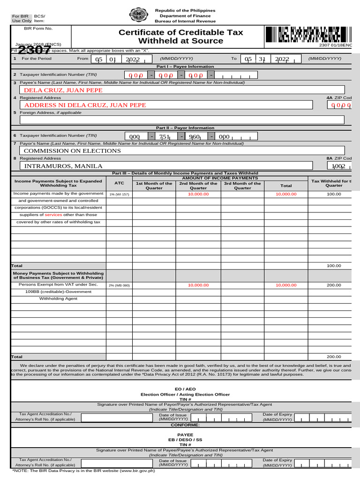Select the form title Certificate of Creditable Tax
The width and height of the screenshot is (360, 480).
click(x=180, y=32)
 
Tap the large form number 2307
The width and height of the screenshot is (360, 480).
click(x=35, y=49)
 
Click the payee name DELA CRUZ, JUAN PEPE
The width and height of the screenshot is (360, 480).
click(x=63, y=90)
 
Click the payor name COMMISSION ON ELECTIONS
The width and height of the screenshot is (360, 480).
click(x=72, y=150)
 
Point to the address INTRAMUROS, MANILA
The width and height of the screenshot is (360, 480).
click(x=63, y=166)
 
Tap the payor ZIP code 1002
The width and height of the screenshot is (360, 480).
click(x=338, y=166)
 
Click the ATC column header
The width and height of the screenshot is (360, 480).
click(x=119, y=183)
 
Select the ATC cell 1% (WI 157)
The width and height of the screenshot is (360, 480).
click(x=119, y=194)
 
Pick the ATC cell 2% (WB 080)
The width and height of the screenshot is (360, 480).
click(x=119, y=285)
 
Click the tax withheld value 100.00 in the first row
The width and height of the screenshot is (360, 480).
click(x=334, y=194)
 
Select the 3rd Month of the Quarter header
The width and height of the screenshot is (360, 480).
click(x=242, y=186)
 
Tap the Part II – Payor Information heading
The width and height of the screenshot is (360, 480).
click(x=185, y=127)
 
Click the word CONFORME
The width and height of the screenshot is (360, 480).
click(x=185, y=425)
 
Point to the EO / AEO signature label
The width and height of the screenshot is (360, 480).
click(x=185, y=389)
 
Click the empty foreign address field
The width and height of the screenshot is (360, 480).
click(x=181, y=120)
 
